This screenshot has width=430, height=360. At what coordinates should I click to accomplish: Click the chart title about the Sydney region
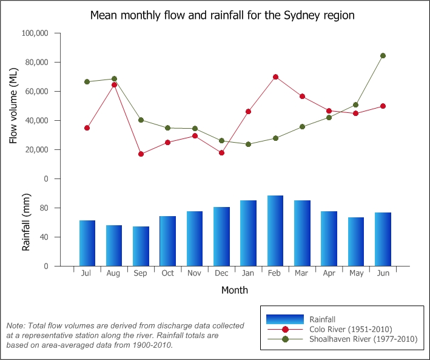(x=222, y=15)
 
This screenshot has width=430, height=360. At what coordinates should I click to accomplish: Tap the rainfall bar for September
(x=141, y=246)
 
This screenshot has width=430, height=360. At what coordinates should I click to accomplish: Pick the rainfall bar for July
(x=87, y=243)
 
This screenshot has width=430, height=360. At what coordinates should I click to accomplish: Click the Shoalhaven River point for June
(x=383, y=55)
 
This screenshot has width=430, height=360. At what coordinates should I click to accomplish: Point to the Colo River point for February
(x=275, y=77)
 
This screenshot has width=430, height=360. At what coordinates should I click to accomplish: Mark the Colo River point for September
(x=141, y=154)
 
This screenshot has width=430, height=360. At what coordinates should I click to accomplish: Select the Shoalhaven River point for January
(x=248, y=144)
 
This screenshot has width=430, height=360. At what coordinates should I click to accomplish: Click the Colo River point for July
(x=87, y=128)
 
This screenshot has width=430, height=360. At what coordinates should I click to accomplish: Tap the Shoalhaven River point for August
(x=114, y=79)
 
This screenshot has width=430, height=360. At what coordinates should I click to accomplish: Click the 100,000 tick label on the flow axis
(x=35, y=33)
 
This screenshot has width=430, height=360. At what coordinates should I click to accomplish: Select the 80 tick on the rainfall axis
(x=43, y=208)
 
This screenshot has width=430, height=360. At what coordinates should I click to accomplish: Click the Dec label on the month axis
(x=221, y=273)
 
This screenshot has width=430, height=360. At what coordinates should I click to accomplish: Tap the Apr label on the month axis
(x=329, y=273)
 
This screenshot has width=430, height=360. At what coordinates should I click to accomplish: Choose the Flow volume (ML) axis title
(x=13, y=106)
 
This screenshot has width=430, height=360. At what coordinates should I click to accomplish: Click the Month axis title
(x=234, y=290)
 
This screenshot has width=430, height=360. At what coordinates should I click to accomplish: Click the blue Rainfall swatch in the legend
(x=285, y=319)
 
